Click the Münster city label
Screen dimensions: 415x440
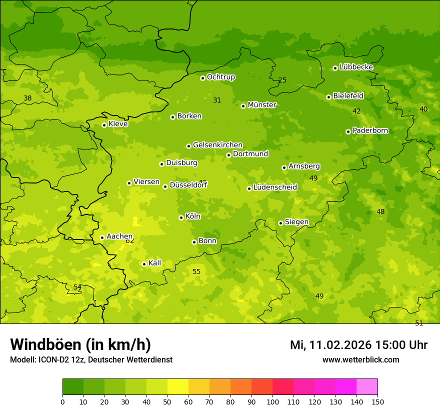(x=262, y=105)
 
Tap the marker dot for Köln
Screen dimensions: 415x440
(x=181, y=217)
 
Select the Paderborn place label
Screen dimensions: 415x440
(x=370, y=130)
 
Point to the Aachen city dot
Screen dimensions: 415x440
(x=102, y=237)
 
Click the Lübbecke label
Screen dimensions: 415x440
(x=356, y=67)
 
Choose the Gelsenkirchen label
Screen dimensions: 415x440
(x=217, y=145)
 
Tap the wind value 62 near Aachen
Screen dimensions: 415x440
(x=130, y=241)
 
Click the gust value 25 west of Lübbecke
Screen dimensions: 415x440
(x=282, y=80)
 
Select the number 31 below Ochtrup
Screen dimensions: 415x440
(x=217, y=100)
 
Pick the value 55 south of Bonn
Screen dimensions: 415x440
(x=196, y=271)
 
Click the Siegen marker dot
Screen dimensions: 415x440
(x=280, y=223)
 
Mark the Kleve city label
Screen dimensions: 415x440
(x=118, y=124)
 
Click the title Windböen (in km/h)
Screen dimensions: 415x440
(x=80, y=344)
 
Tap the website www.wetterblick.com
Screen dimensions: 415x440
(x=360, y=359)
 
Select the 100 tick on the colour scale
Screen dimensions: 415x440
(x=272, y=401)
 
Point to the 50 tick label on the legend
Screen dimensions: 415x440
(x=167, y=401)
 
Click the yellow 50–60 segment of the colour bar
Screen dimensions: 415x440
(x=178, y=387)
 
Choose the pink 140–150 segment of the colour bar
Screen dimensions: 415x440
(x=367, y=387)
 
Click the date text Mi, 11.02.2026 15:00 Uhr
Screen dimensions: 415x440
(x=358, y=345)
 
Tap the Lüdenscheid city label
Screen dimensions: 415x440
(x=275, y=187)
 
